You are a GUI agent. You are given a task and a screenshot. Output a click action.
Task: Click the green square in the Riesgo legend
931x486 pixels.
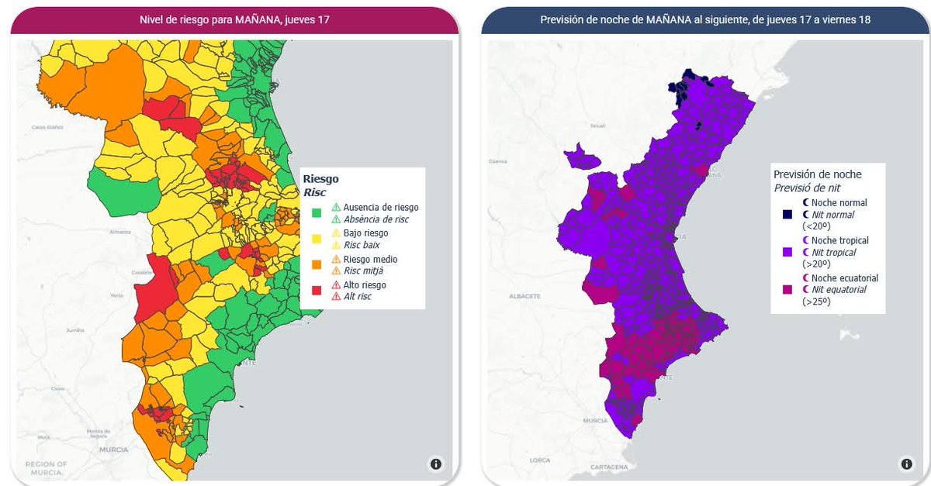pyautogui.click(x=317, y=213)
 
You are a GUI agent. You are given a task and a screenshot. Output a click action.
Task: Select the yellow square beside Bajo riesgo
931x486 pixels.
pyautogui.click(x=317, y=239)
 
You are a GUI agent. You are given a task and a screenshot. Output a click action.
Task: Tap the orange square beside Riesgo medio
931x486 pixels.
pyautogui.click(x=317, y=264)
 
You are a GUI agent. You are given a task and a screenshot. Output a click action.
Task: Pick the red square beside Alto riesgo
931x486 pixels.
pyautogui.click(x=317, y=291)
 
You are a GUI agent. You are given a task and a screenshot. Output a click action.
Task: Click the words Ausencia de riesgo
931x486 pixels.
pyautogui.click(x=380, y=207)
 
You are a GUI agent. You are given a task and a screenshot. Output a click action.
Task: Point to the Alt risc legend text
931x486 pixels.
pyautogui.click(x=357, y=297)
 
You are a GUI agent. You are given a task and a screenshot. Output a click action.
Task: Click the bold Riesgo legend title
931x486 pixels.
pyautogui.click(x=320, y=178)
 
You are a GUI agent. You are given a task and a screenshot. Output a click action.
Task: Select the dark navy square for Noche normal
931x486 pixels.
pyautogui.click(x=787, y=214)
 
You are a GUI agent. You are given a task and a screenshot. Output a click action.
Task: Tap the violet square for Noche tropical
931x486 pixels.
pyautogui.click(x=787, y=252)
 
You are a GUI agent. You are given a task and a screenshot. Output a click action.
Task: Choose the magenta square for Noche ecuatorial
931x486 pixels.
pyautogui.click(x=787, y=289)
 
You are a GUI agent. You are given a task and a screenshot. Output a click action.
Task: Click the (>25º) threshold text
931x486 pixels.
pyautogui.click(x=816, y=302)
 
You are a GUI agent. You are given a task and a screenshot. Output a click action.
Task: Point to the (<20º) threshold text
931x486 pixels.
pyautogui.click(x=816, y=226)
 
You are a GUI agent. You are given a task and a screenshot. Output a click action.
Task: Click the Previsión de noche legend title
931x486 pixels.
pyautogui.click(x=817, y=174)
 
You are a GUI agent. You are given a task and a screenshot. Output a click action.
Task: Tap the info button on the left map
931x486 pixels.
pyautogui.click(x=435, y=464)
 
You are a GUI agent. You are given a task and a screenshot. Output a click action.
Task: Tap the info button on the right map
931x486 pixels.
pyautogui.click(x=906, y=464)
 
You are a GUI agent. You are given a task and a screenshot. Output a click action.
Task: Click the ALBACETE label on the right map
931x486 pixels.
pyautogui.click(x=524, y=296)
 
